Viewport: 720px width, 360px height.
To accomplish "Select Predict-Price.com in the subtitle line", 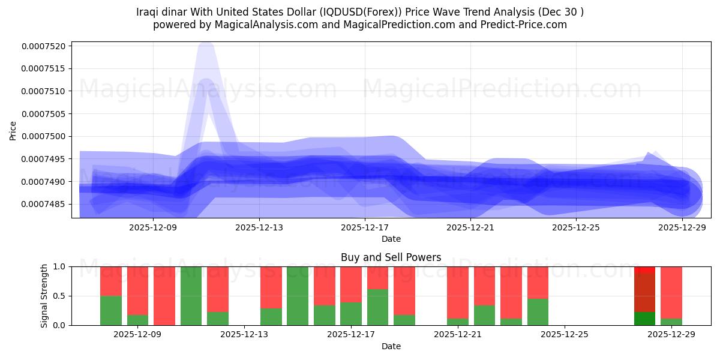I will (x=520, y=25).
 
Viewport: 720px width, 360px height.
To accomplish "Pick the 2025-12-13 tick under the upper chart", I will (x=259, y=227).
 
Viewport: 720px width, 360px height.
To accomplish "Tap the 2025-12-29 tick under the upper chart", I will (x=682, y=227).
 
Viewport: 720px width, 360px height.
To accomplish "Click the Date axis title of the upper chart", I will (x=391, y=239).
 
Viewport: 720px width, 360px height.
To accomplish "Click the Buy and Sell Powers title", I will (x=391, y=257).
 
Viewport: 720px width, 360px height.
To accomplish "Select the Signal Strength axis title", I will (x=44, y=296).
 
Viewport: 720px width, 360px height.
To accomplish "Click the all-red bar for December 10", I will (x=164, y=296).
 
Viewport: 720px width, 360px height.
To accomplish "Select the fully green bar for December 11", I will (x=191, y=296).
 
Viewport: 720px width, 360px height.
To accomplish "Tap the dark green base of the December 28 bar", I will (x=644, y=319).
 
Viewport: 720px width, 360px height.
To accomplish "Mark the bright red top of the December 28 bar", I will (x=644, y=270).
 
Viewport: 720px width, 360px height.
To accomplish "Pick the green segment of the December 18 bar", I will (x=377, y=307).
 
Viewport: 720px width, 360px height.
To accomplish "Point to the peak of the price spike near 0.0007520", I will (x=205, y=46).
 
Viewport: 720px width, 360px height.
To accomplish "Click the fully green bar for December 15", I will (x=298, y=296).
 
